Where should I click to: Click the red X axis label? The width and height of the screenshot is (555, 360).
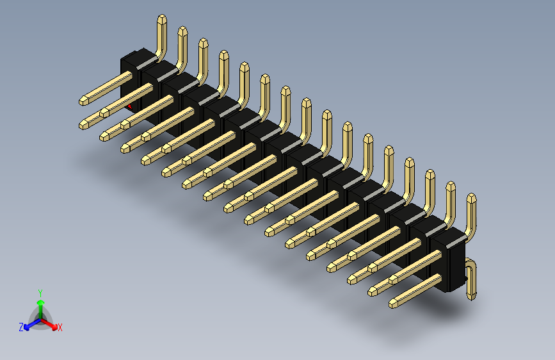click(60, 328)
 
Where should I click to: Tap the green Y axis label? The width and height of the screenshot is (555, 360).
click(40, 292)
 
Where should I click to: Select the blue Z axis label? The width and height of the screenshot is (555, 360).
click(21, 327)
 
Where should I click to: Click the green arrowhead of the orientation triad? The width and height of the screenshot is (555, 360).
click(40, 302)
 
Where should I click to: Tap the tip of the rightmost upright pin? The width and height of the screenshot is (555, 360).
click(472, 197)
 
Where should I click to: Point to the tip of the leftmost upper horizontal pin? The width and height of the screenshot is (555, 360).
click(84, 101)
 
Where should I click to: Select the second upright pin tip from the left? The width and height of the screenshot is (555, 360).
click(182, 31)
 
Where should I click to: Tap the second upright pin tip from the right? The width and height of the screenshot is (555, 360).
click(451, 186)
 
